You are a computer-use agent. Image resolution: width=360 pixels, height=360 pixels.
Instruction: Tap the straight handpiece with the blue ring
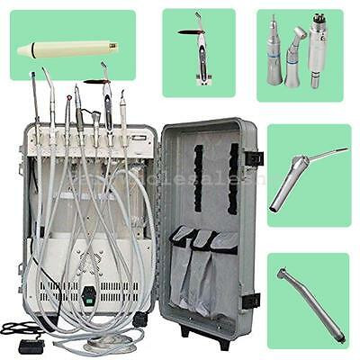point(274,58)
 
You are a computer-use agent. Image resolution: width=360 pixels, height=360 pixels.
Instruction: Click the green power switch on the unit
point(89,292)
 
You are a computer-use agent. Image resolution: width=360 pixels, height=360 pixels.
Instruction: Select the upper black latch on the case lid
point(254,158)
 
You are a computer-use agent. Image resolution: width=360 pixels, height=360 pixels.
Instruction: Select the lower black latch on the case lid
point(251,301)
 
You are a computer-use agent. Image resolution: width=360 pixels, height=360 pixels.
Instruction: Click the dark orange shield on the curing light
point(186,33)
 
